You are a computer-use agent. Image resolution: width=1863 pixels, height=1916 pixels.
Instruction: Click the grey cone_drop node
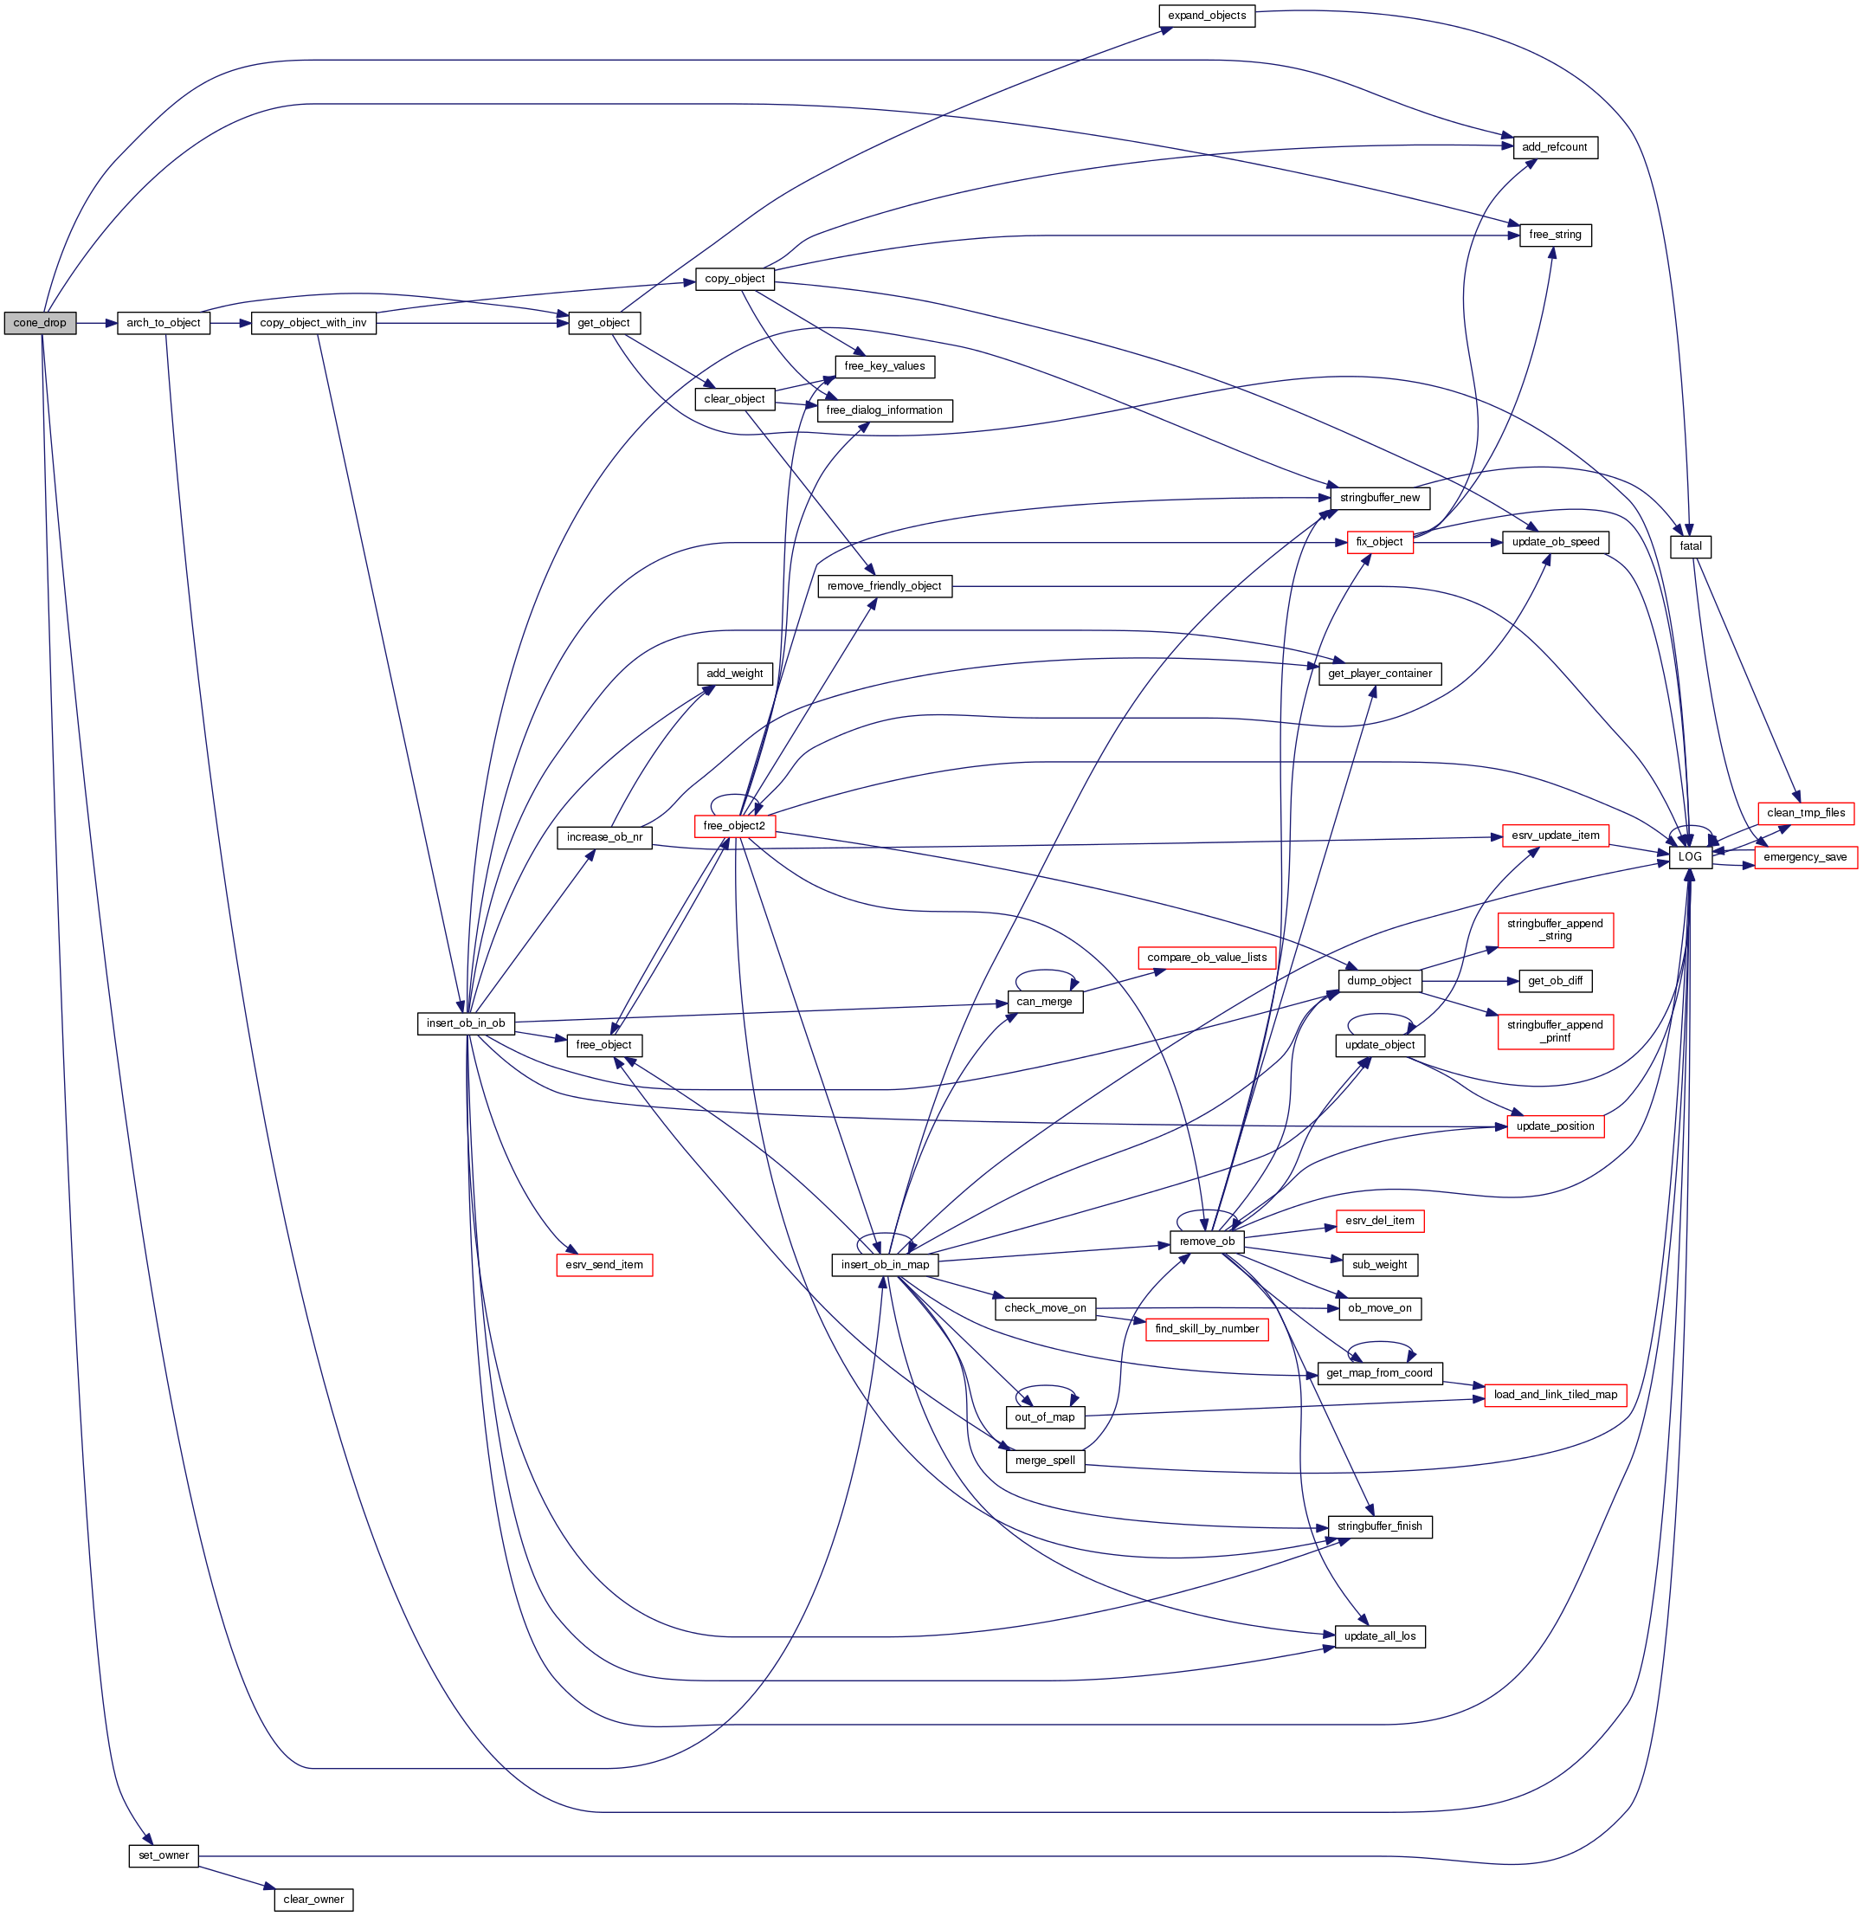40,323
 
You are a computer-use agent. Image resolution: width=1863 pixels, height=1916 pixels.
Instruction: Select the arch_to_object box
164,323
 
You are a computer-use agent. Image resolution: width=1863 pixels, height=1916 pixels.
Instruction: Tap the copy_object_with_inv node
313,323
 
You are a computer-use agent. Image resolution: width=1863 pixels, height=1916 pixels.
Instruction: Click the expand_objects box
1207,16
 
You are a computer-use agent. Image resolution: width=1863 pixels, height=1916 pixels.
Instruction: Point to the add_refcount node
1554,148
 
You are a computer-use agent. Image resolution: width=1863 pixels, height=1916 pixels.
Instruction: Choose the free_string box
1554,235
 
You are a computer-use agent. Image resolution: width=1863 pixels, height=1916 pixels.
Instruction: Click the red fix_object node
1379,542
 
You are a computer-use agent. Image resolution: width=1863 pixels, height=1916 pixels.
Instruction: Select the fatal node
1690,546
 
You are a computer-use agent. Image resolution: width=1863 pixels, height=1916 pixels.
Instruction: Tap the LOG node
1690,856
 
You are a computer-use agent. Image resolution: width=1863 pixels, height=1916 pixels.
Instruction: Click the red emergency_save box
1805,857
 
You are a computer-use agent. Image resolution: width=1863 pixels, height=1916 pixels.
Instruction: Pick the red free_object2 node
734,826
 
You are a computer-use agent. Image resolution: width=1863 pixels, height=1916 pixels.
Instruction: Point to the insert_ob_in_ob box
466,1023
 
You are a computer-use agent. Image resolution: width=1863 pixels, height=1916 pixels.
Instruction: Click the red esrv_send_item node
603,1264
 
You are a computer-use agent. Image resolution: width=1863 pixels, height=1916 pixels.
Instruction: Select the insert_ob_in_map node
885,1264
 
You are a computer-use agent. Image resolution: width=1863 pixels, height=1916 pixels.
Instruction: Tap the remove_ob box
1207,1242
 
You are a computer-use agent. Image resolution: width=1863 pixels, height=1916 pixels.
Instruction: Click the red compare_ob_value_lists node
1207,957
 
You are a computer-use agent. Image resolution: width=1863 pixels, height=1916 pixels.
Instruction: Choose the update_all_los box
1379,1636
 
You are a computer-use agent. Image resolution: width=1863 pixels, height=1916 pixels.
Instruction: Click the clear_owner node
313,1900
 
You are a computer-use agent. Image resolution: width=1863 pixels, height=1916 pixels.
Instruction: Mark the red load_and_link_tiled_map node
1555,1395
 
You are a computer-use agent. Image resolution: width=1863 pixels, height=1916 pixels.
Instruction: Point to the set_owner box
164,1855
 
